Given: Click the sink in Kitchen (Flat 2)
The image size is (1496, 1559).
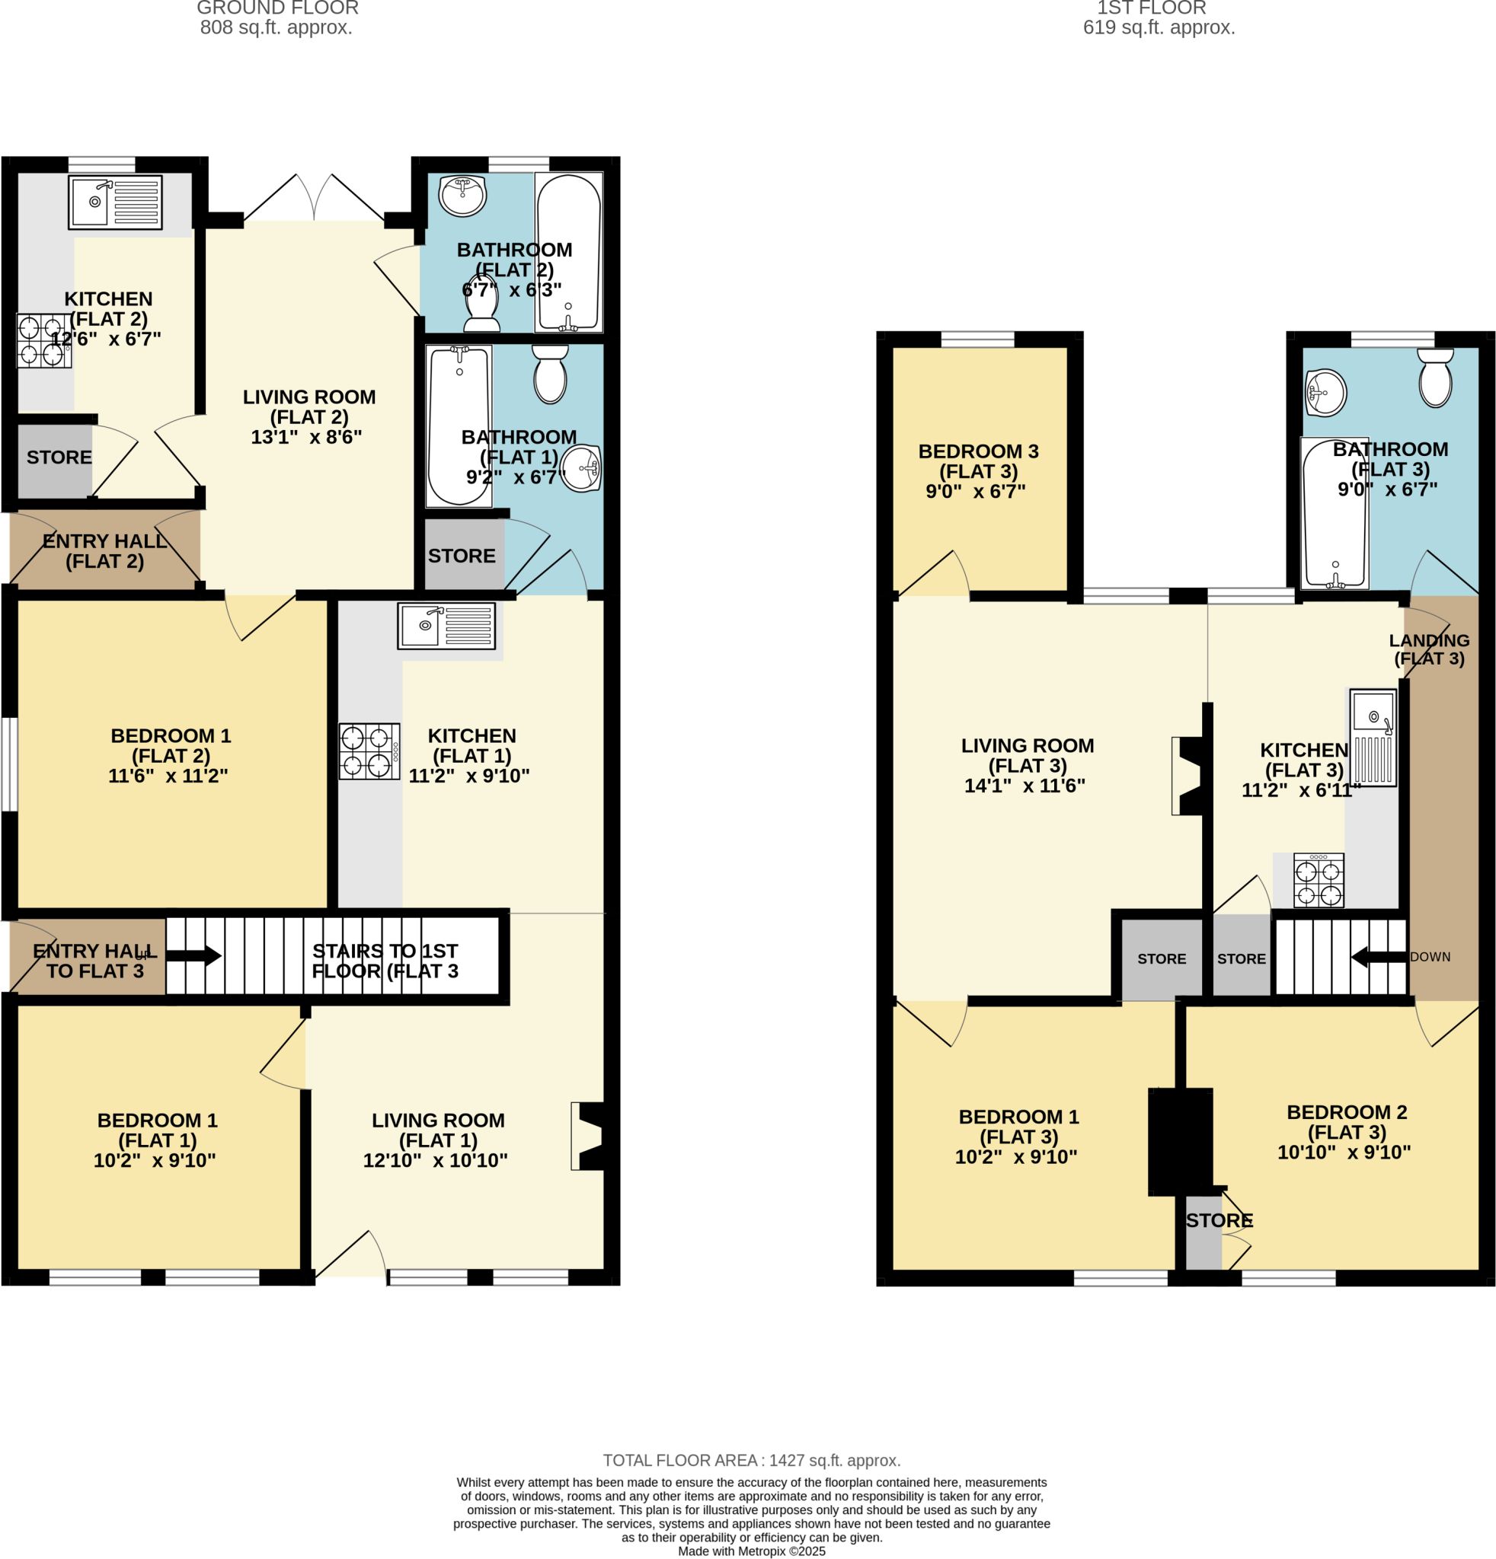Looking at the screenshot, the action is (115, 202).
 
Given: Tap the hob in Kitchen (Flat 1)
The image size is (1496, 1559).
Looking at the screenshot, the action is (369, 751).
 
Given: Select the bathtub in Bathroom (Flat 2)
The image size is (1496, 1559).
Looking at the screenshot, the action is (569, 252).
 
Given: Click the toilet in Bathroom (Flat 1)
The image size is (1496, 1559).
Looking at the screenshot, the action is (550, 374).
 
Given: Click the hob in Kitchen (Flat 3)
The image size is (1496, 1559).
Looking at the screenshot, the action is (1319, 881).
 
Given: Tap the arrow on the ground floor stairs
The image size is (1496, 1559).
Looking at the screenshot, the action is (193, 955).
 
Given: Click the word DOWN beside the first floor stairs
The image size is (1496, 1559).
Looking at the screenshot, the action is (1430, 957).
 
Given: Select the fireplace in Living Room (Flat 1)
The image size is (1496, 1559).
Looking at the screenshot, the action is (588, 1136).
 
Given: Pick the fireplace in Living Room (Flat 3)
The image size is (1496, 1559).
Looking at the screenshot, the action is (1189, 776).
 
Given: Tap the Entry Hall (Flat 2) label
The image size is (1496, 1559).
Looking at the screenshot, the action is (105, 551).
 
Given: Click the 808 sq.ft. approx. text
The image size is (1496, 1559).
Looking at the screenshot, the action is (277, 28).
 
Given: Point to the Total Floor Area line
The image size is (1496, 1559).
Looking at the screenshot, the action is (751, 1460).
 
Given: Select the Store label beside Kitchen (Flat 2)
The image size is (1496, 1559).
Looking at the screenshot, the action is (59, 457).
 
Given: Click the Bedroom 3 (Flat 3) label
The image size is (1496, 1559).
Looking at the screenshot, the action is (978, 461).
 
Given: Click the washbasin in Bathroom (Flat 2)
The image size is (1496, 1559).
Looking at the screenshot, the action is (462, 196).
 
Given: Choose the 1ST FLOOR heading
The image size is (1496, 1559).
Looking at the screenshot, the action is (1151, 8).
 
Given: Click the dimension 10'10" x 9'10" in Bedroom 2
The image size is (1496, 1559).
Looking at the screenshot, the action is (1344, 1153).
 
